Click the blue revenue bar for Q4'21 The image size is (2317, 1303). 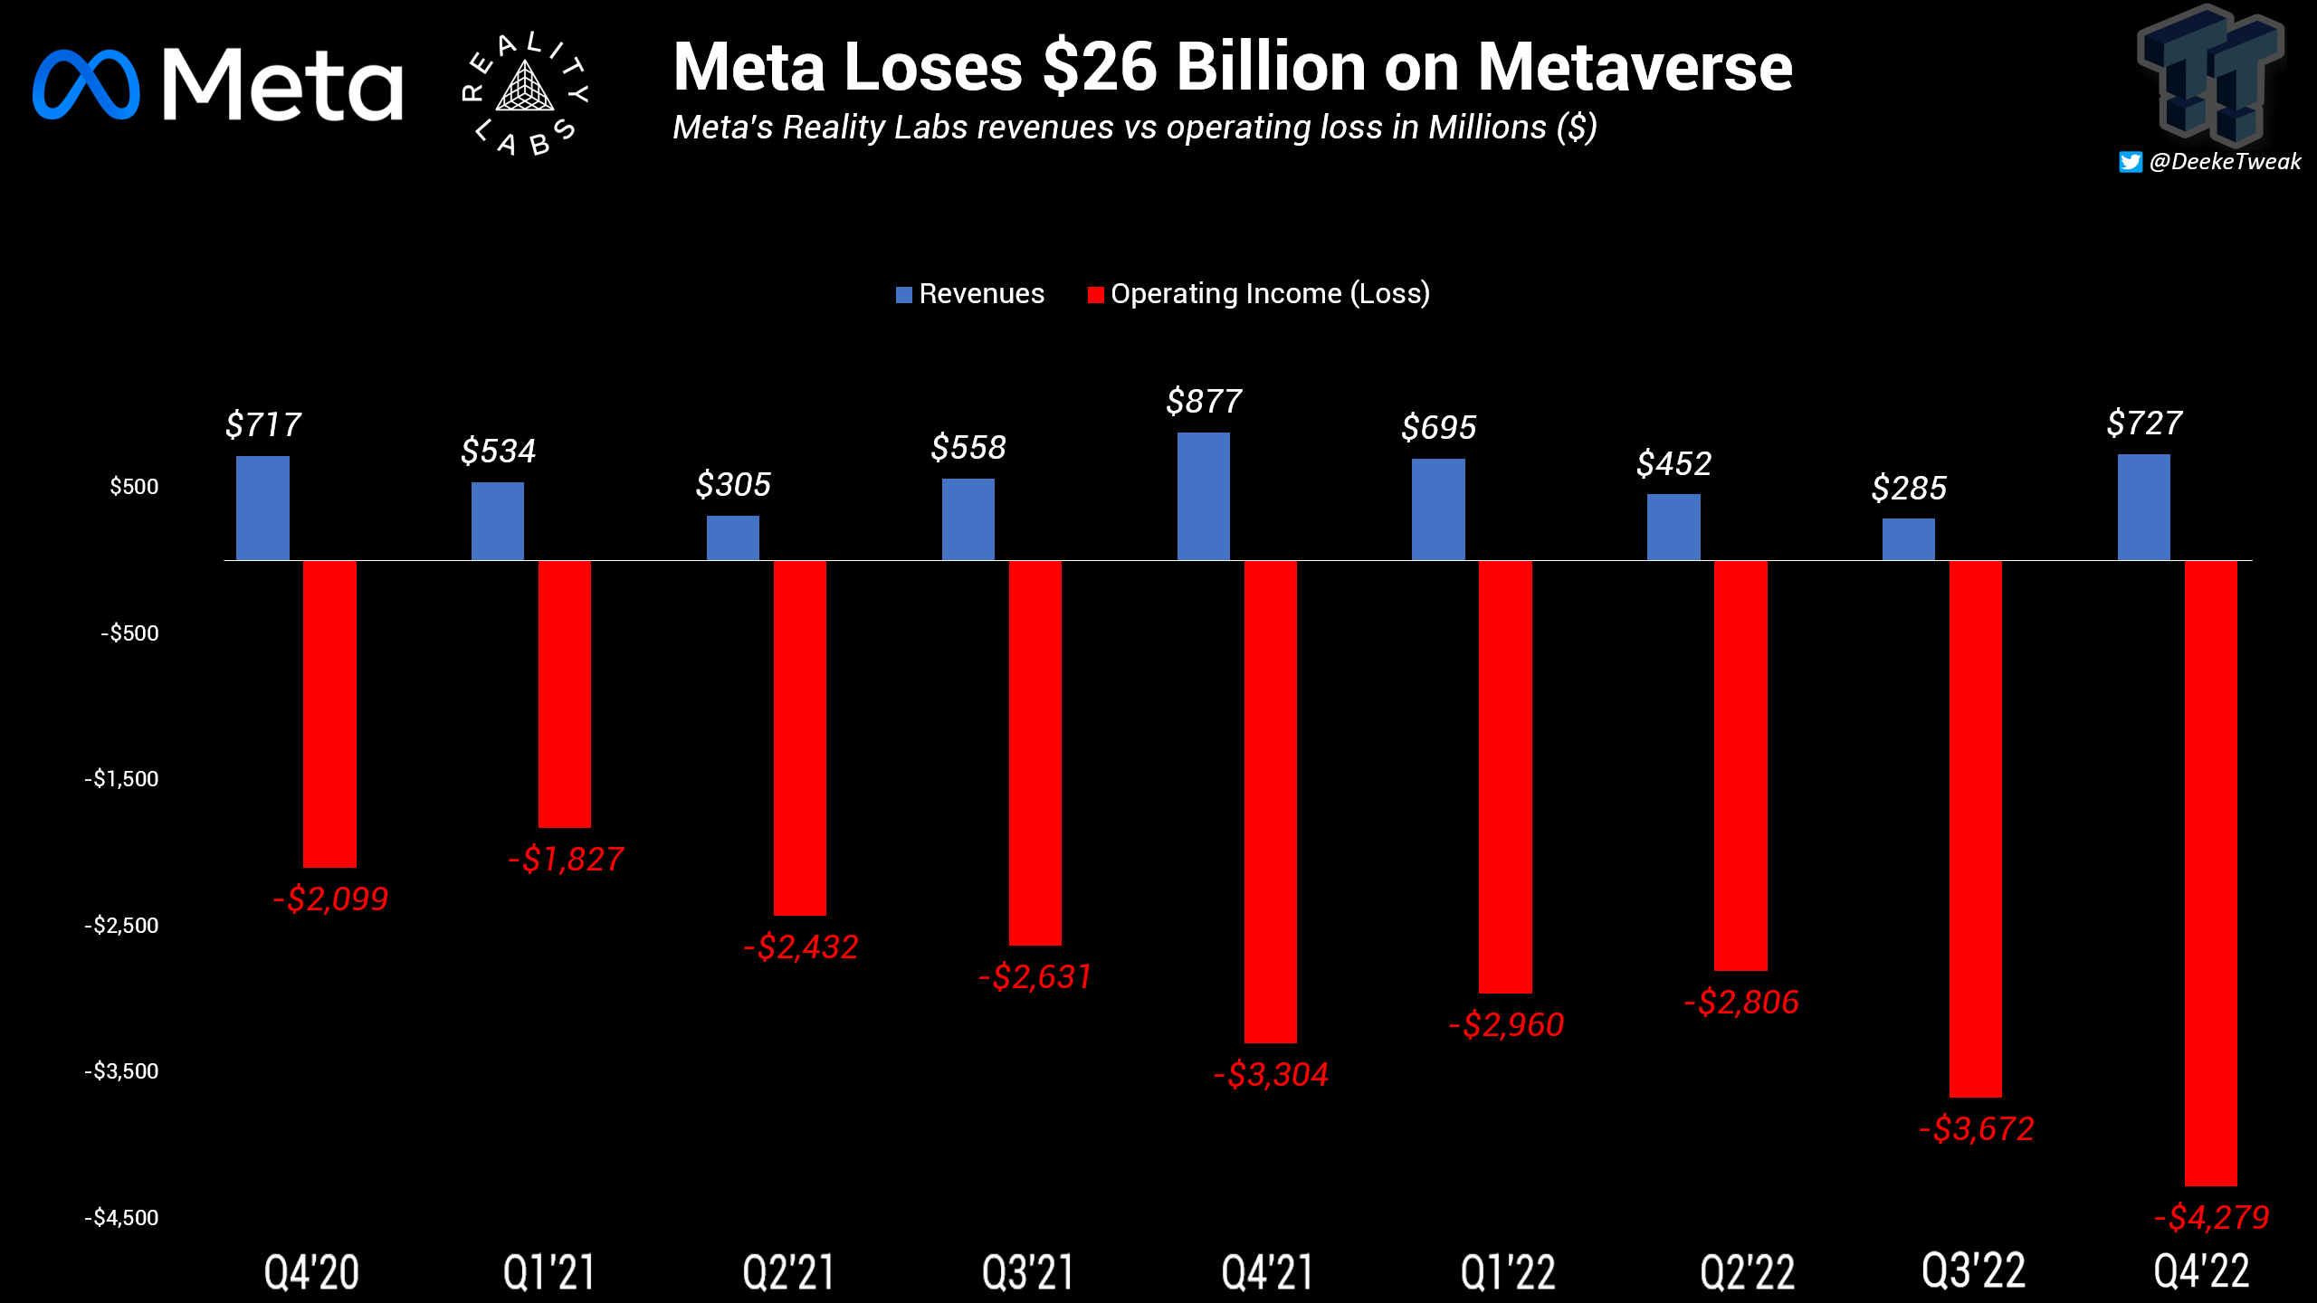pyautogui.click(x=1203, y=497)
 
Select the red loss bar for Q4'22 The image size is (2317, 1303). pyautogui.click(x=2210, y=873)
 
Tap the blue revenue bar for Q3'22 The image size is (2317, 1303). pyautogui.click(x=1908, y=539)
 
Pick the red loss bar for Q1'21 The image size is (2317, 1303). pyautogui.click(x=565, y=694)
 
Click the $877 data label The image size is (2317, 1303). pyautogui.click(x=1204, y=401)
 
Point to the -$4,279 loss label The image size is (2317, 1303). pyautogui.click(x=2211, y=1217)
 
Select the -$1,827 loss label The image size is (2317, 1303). pyautogui.click(x=566, y=859)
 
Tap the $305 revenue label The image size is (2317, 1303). pyautogui.click(x=733, y=485)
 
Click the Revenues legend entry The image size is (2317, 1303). pyautogui.click(x=970, y=294)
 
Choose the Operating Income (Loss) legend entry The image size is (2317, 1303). pyautogui.click(x=1259, y=294)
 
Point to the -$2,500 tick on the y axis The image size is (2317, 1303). pyautogui.click(x=122, y=925)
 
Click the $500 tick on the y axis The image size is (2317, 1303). pyautogui.click(x=134, y=487)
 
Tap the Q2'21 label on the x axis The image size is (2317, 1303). pyautogui.click(x=787, y=1271)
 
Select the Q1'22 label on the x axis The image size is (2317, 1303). pyautogui.click(x=1508, y=1271)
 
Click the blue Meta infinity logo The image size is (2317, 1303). pyautogui.click(x=86, y=84)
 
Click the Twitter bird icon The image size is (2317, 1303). pyautogui.click(x=2131, y=162)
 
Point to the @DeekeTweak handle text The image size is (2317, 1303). pyautogui.click(x=2225, y=162)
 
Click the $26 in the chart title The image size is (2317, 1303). pyautogui.click(x=1100, y=68)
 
